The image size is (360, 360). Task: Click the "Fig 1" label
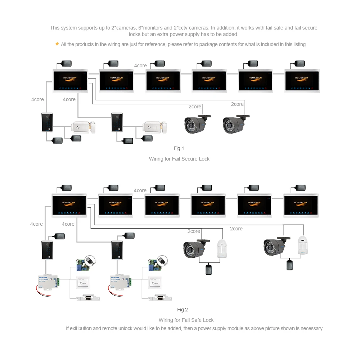click(x=179, y=148)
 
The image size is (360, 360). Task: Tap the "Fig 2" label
click(x=183, y=310)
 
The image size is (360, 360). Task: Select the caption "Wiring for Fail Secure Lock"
click(x=179, y=159)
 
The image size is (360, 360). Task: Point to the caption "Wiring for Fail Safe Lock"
click(x=186, y=320)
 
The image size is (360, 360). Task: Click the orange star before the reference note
click(x=57, y=44)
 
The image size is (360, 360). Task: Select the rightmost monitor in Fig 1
click(x=302, y=81)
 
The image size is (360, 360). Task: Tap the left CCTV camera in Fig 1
click(x=197, y=124)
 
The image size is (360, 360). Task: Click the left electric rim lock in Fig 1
click(x=84, y=127)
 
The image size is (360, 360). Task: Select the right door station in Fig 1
click(x=117, y=122)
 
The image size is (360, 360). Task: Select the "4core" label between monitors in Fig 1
click(x=140, y=66)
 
